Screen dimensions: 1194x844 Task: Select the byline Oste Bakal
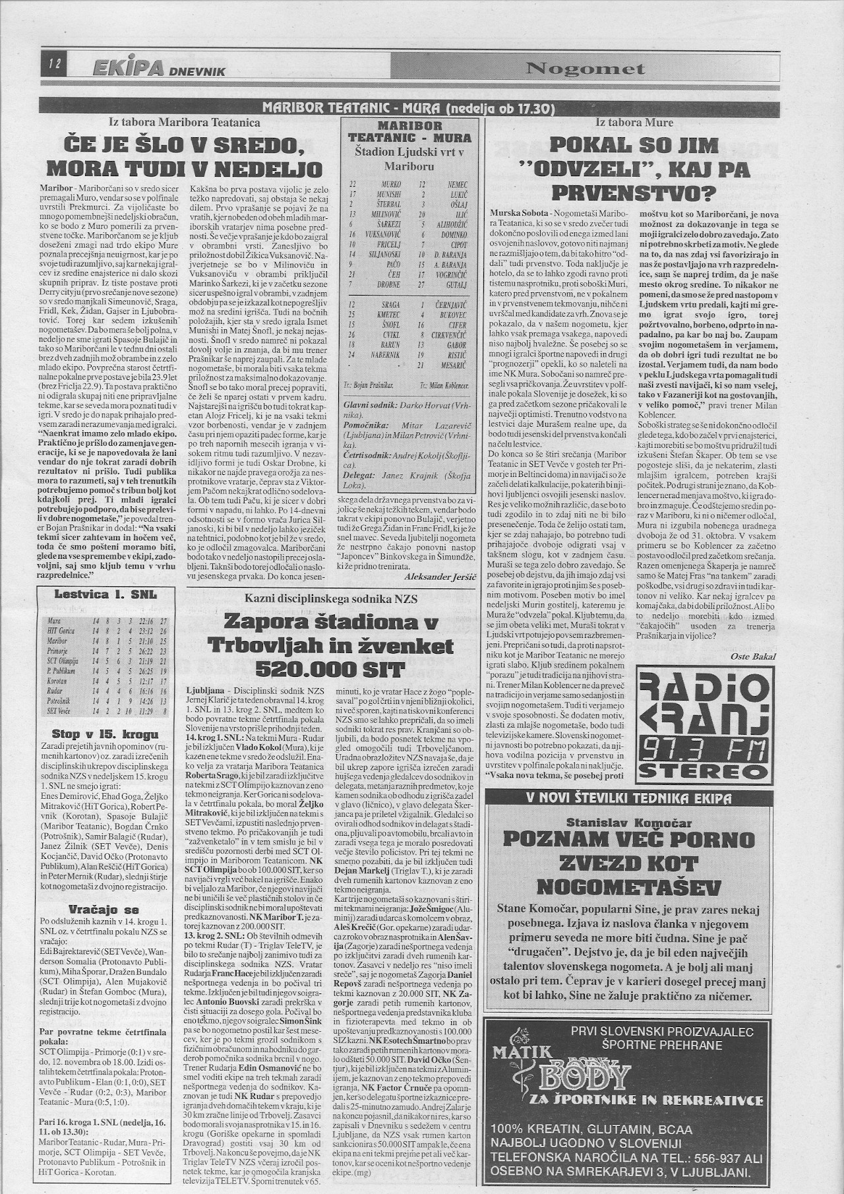pyautogui.click(x=752, y=656)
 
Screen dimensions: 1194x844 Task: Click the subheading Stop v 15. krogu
pyautogui.click(x=105, y=734)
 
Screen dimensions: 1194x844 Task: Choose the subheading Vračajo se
pyautogui.click(x=105, y=908)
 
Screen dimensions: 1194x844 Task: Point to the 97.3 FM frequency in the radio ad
pyautogui.click(x=702, y=749)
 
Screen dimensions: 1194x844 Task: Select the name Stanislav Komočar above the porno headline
pyautogui.click(x=629, y=823)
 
